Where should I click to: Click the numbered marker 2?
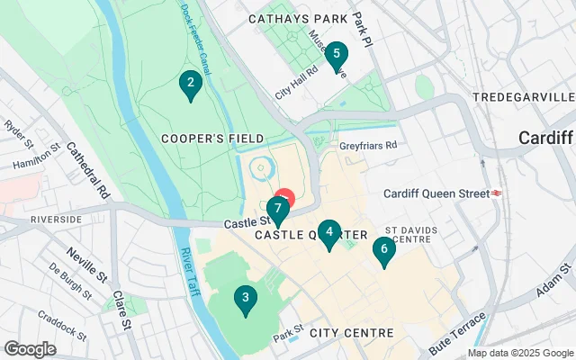point(190,85)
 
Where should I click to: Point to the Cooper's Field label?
point(212,138)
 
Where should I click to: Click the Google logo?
point(30,349)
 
